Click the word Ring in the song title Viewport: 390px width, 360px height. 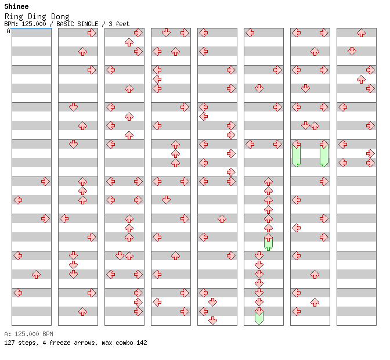(x=13, y=16)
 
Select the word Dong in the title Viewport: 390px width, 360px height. (x=59, y=16)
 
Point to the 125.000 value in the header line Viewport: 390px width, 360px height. (x=33, y=24)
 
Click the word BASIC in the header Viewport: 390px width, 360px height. (x=66, y=24)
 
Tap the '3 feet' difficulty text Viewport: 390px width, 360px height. (x=119, y=24)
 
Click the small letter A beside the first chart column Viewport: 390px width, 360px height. (x=8, y=31)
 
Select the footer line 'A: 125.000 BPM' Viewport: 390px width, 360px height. (x=28, y=334)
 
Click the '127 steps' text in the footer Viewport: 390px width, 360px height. (x=20, y=343)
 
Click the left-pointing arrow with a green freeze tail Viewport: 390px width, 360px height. (x=296, y=145)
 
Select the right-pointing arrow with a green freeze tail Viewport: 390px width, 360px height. (x=324, y=145)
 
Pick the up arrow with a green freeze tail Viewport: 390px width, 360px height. (x=268, y=237)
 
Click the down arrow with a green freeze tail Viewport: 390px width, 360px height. (x=259, y=312)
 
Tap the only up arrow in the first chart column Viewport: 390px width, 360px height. (x=36, y=274)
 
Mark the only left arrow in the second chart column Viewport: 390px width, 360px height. (x=64, y=218)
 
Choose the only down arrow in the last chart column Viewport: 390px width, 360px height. (x=352, y=51)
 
